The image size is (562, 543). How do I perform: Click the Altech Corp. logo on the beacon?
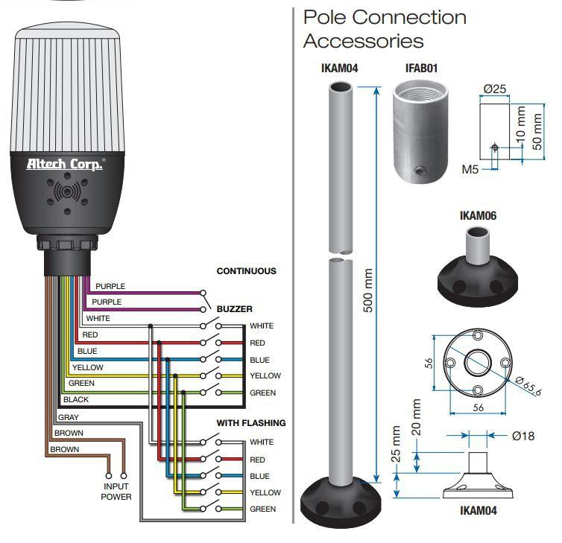tap(66, 164)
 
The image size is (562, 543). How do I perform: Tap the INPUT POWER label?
tap(116, 492)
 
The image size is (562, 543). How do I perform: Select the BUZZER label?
tap(234, 309)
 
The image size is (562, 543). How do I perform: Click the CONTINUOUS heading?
tap(246, 271)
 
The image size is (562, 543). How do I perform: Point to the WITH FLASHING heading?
tap(251, 423)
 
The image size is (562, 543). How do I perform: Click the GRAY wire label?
tap(68, 417)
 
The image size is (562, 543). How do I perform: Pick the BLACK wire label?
tap(75, 399)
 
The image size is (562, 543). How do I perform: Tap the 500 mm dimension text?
tap(368, 290)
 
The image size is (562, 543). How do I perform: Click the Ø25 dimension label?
tap(495, 89)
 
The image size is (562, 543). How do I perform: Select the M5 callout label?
tap(470, 169)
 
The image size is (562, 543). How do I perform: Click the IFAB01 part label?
tap(422, 68)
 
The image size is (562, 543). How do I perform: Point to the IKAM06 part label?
tap(478, 215)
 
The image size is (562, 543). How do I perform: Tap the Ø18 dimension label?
tap(523, 436)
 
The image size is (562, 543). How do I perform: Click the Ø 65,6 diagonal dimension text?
tap(528, 386)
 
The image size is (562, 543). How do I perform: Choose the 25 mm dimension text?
tap(395, 444)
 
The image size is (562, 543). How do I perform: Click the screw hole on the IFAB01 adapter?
tap(420, 171)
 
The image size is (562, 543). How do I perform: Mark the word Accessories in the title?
tap(364, 41)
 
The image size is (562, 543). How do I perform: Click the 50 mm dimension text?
tap(537, 131)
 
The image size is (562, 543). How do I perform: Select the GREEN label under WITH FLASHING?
tap(262, 509)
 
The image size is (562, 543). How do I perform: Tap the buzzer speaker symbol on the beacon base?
tap(67, 192)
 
